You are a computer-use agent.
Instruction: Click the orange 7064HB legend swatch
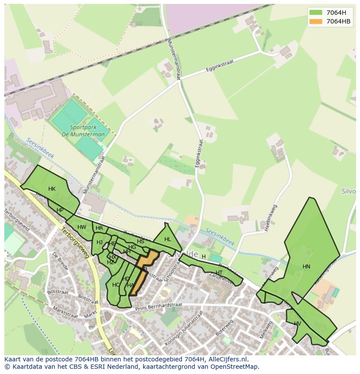click(316, 21)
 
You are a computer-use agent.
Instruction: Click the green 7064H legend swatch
click(316, 12)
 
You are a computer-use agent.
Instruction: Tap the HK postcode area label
click(52, 189)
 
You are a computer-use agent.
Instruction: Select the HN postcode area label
click(307, 267)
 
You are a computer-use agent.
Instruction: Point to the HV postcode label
click(297, 324)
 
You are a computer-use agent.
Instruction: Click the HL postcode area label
click(168, 239)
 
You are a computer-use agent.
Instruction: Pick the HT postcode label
click(219, 273)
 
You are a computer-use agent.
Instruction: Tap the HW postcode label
click(82, 227)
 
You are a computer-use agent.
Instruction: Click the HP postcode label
click(60, 210)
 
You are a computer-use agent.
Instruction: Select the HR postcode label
click(99, 228)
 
